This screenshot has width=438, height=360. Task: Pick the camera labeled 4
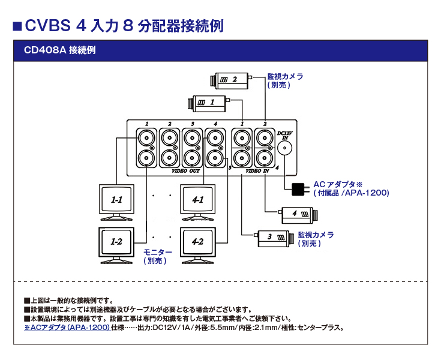pos(299,213)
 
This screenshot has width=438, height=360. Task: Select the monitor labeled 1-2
pos(116,243)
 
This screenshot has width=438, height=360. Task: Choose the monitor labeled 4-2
pos(198,243)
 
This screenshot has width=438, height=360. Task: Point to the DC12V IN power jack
pos(285,148)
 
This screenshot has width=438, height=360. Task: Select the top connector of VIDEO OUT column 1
pos(146,138)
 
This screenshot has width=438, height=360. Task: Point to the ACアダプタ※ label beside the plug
pos(338,184)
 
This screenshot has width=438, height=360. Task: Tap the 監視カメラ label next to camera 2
pos(285,77)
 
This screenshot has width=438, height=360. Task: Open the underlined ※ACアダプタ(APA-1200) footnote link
pos(67,328)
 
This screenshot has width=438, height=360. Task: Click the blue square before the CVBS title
pos(17,26)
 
